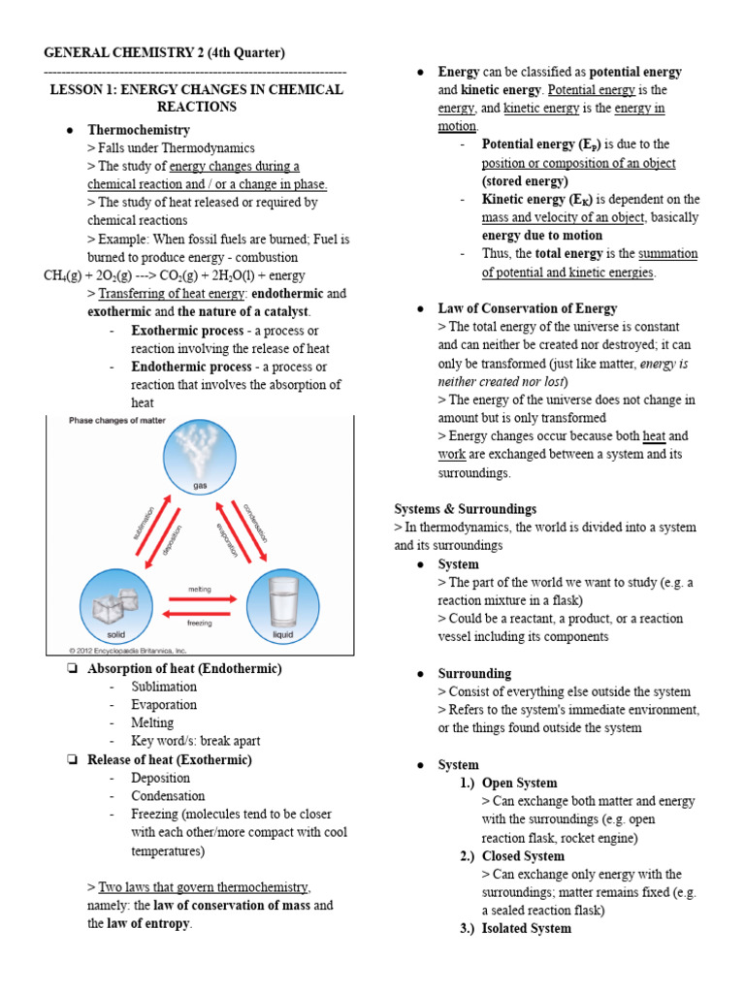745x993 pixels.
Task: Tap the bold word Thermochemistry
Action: click(139, 130)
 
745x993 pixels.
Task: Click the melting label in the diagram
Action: click(200, 589)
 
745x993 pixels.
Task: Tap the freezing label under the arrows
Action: click(200, 624)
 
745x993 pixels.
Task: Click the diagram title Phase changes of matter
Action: click(116, 420)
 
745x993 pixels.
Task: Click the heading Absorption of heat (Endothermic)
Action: click(184, 669)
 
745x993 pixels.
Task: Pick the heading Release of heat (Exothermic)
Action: click(170, 759)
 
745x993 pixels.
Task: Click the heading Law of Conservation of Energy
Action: click(527, 308)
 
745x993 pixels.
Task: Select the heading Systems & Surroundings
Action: click(465, 509)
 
